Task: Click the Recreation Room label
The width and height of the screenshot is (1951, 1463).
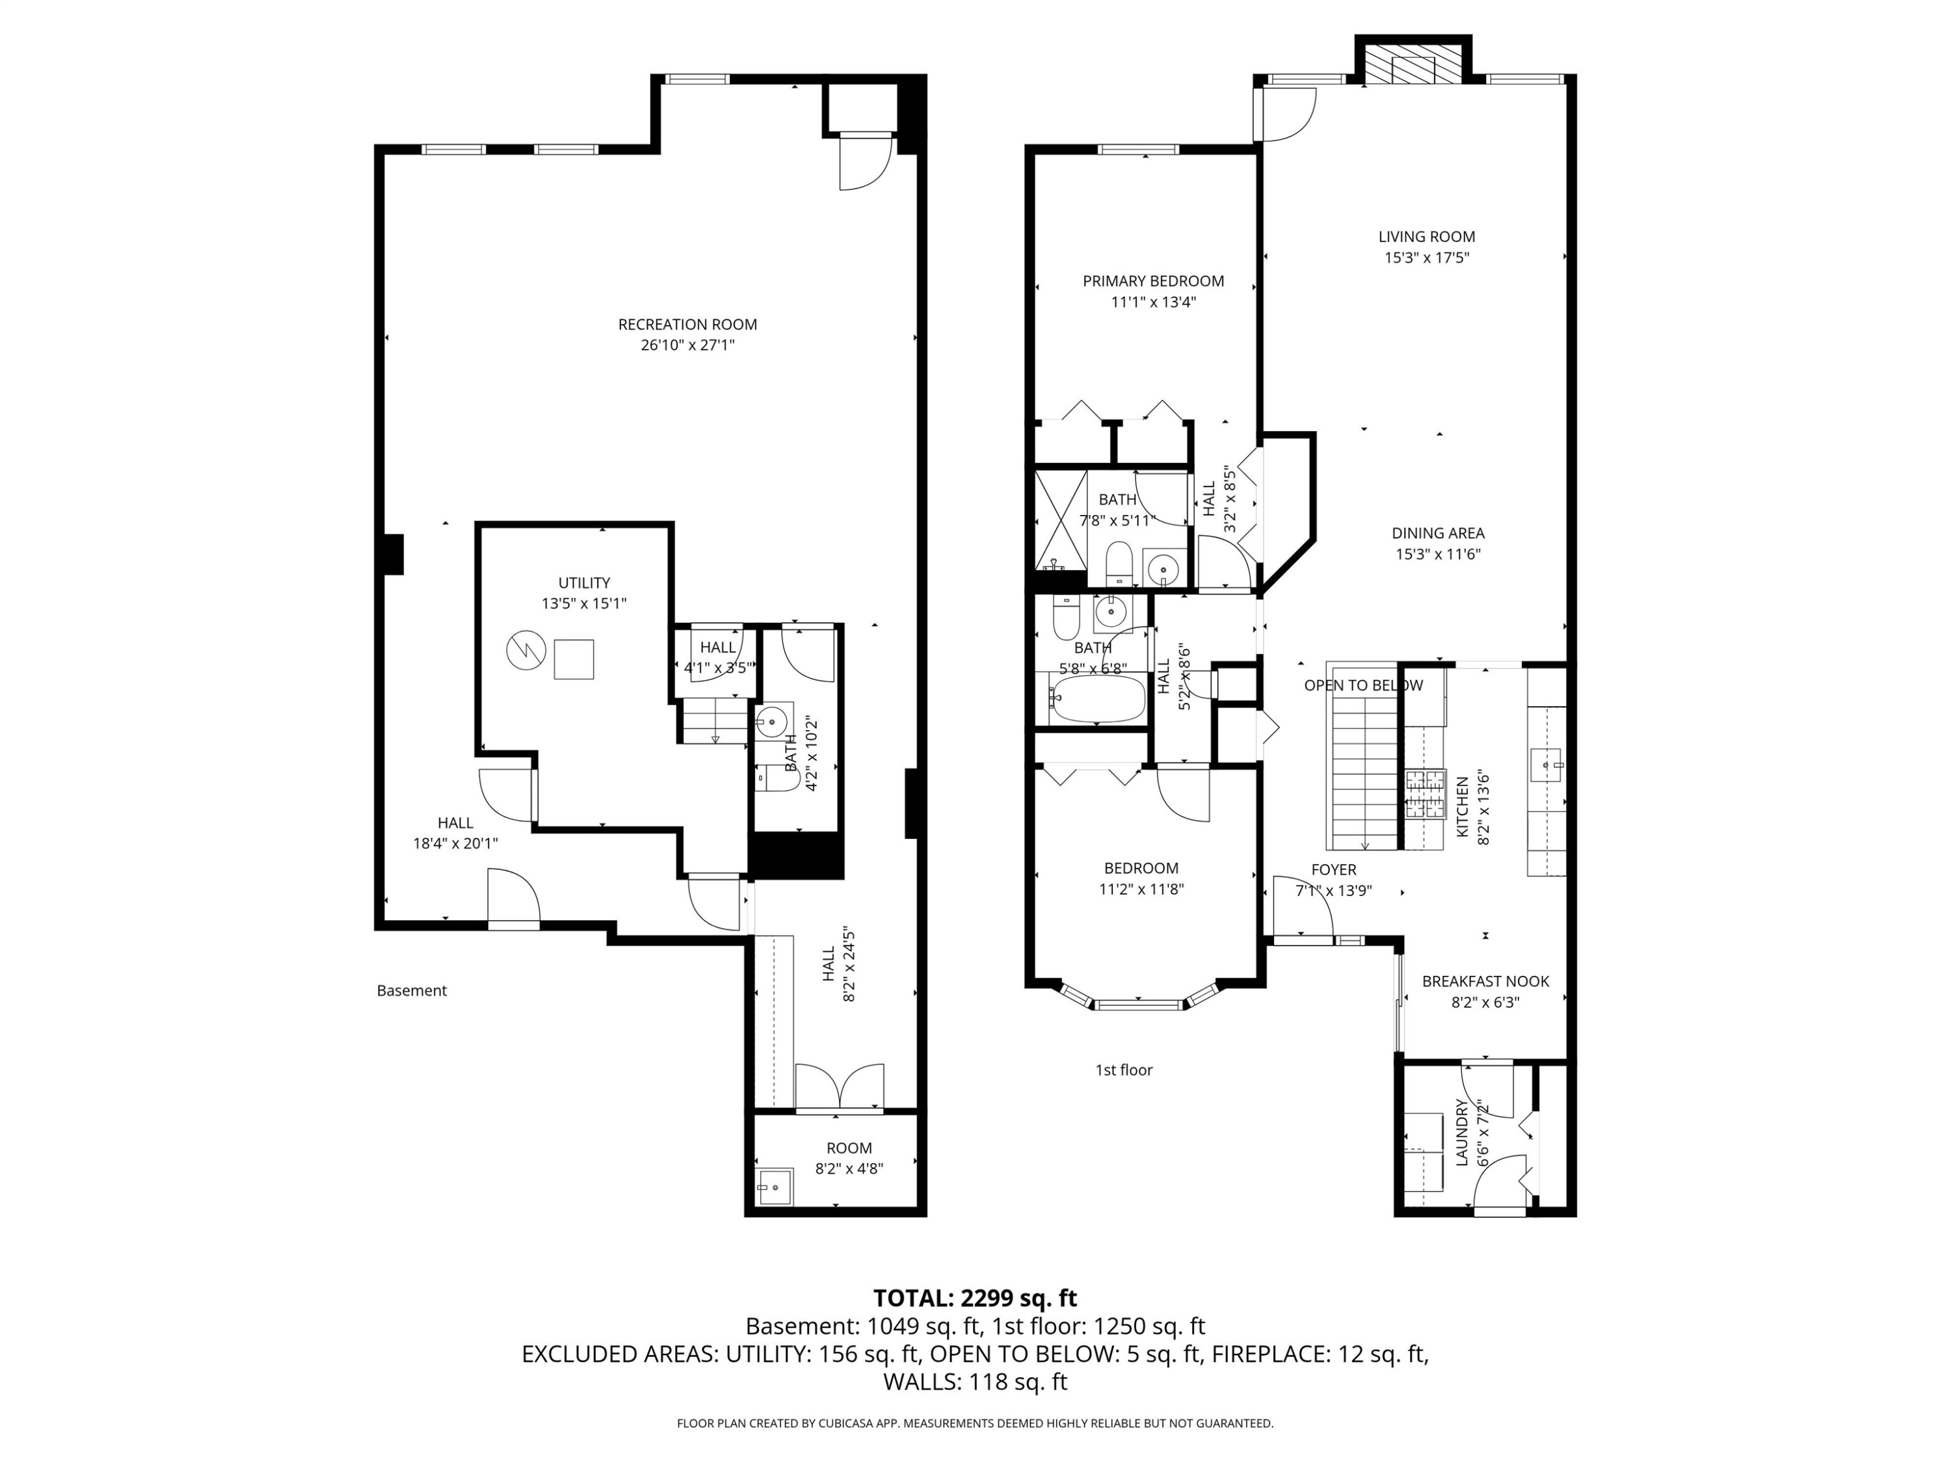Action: click(x=687, y=324)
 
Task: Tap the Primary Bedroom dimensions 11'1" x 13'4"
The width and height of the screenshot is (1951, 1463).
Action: click(x=1153, y=302)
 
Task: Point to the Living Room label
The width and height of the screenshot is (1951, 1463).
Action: click(x=1426, y=236)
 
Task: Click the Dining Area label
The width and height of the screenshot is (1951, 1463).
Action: click(x=1438, y=534)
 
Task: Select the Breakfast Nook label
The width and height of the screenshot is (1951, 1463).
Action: click(x=1485, y=981)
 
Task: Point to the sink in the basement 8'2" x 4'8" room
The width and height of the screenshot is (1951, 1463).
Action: click(x=775, y=1187)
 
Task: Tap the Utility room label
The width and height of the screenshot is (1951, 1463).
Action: click(x=584, y=583)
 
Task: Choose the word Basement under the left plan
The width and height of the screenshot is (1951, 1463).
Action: click(x=412, y=990)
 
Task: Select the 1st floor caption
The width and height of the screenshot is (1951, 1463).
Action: click(x=1124, y=1070)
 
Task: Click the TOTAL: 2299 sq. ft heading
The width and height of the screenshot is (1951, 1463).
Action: click(x=975, y=1298)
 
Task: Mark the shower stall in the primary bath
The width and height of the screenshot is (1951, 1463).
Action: click(x=1060, y=520)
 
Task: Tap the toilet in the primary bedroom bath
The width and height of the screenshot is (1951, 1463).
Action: click(x=1119, y=562)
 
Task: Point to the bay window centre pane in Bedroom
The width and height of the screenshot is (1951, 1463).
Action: click(x=1138, y=1005)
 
